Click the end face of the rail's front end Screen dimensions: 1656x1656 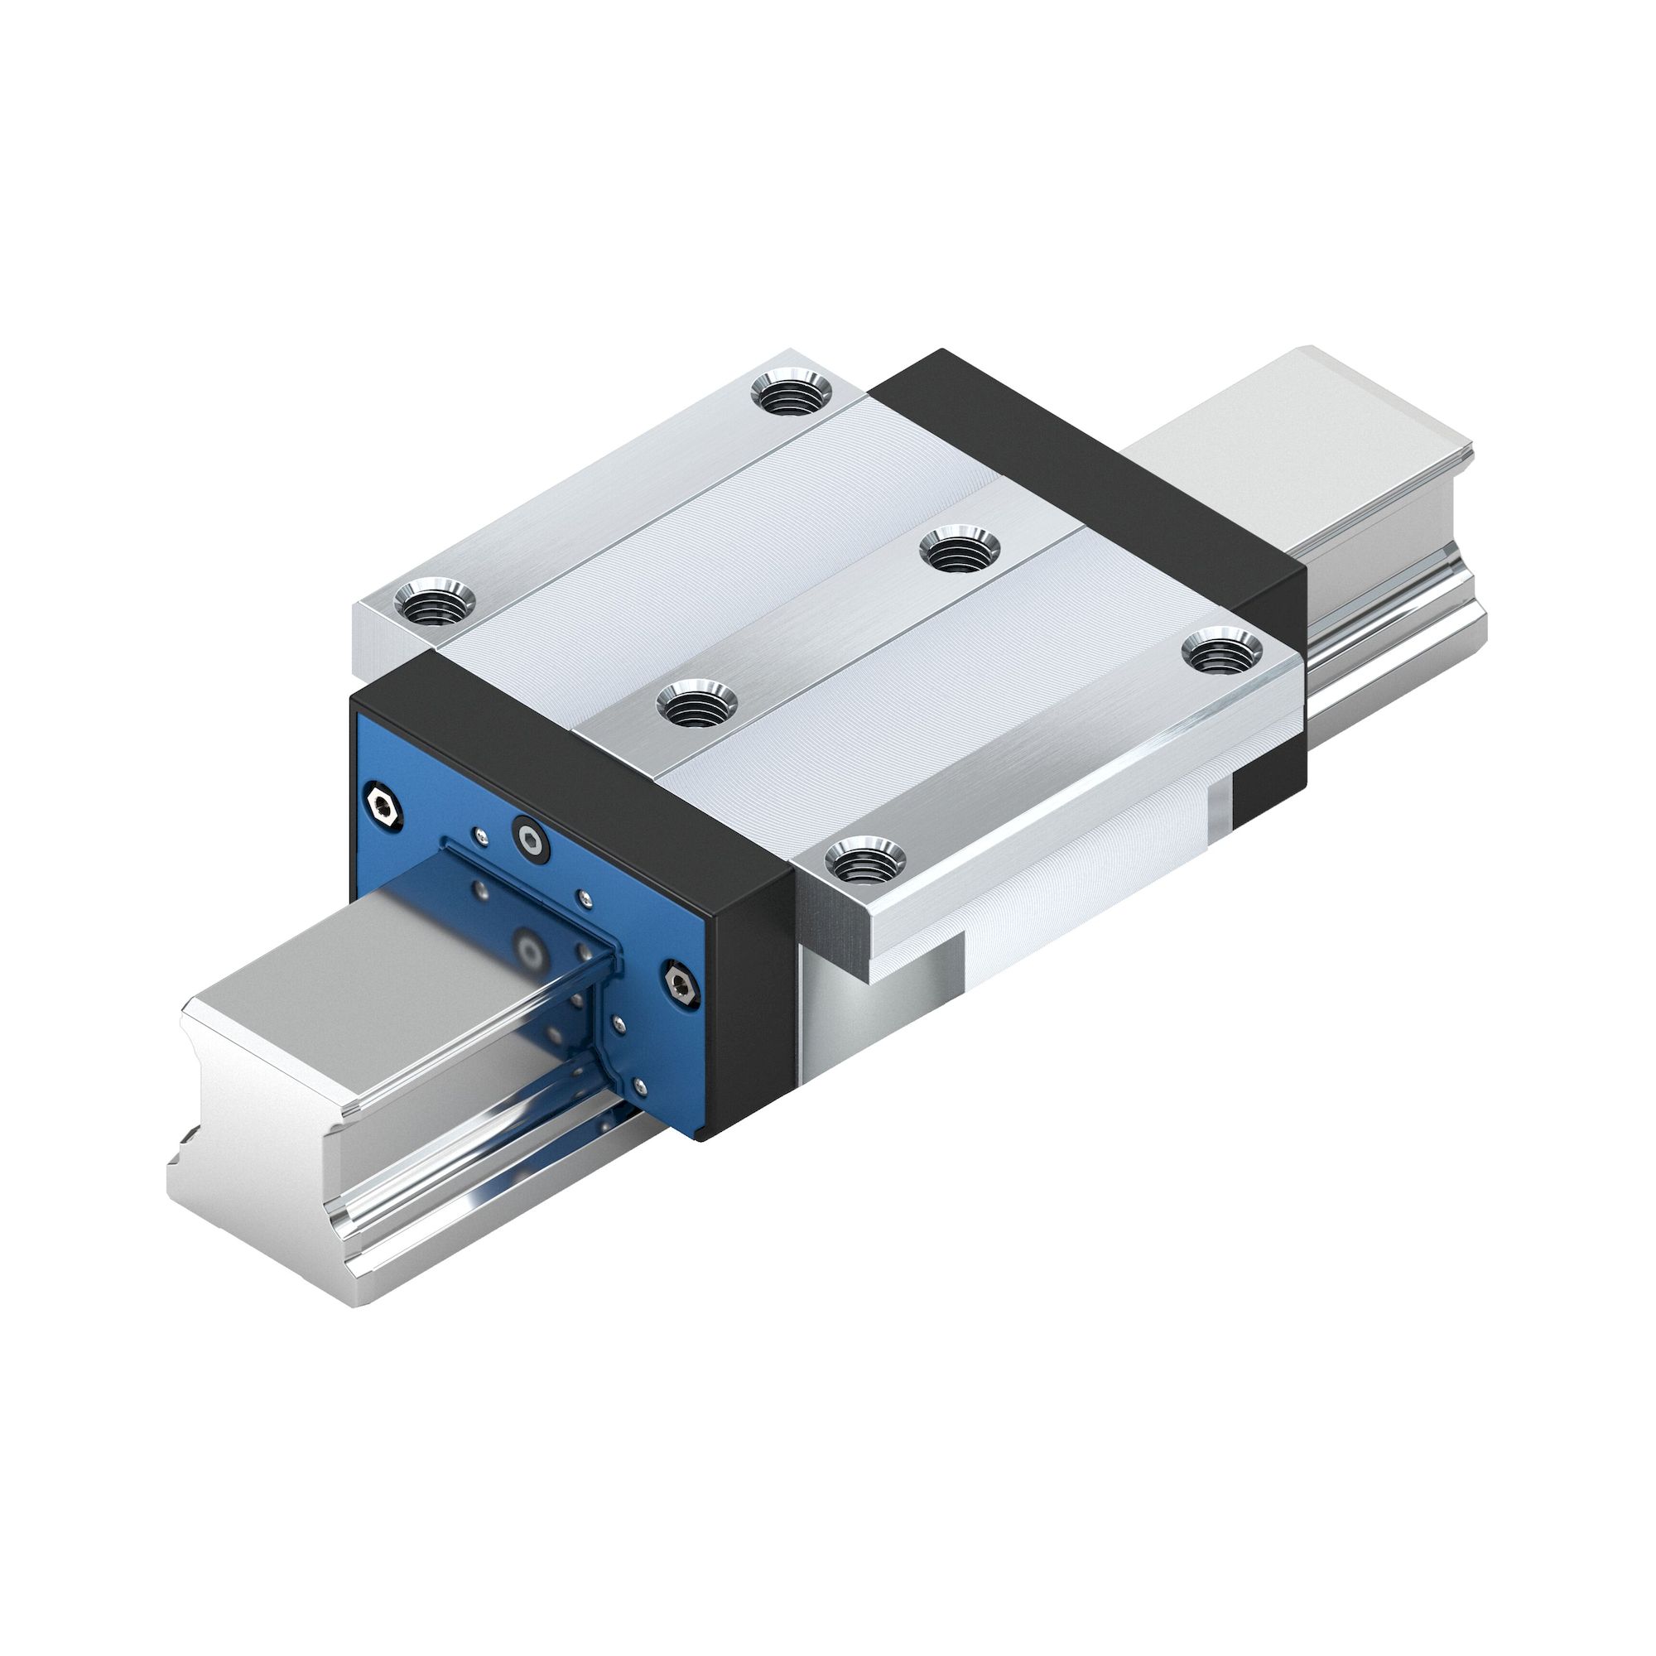[258, 1158]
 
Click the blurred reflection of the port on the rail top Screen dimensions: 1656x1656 [530, 950]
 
